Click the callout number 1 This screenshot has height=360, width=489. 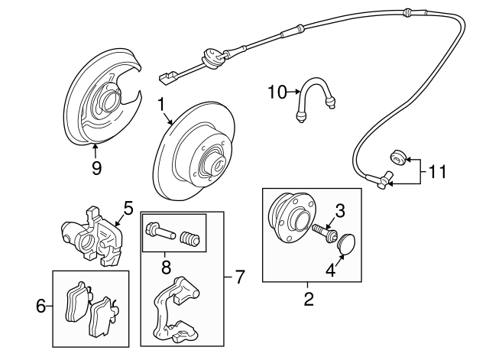161,102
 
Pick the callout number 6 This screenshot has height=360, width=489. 41,306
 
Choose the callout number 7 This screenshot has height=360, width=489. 239,277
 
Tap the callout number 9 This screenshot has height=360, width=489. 96,168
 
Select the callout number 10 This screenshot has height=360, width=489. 276,92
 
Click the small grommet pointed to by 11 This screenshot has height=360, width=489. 397,157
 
